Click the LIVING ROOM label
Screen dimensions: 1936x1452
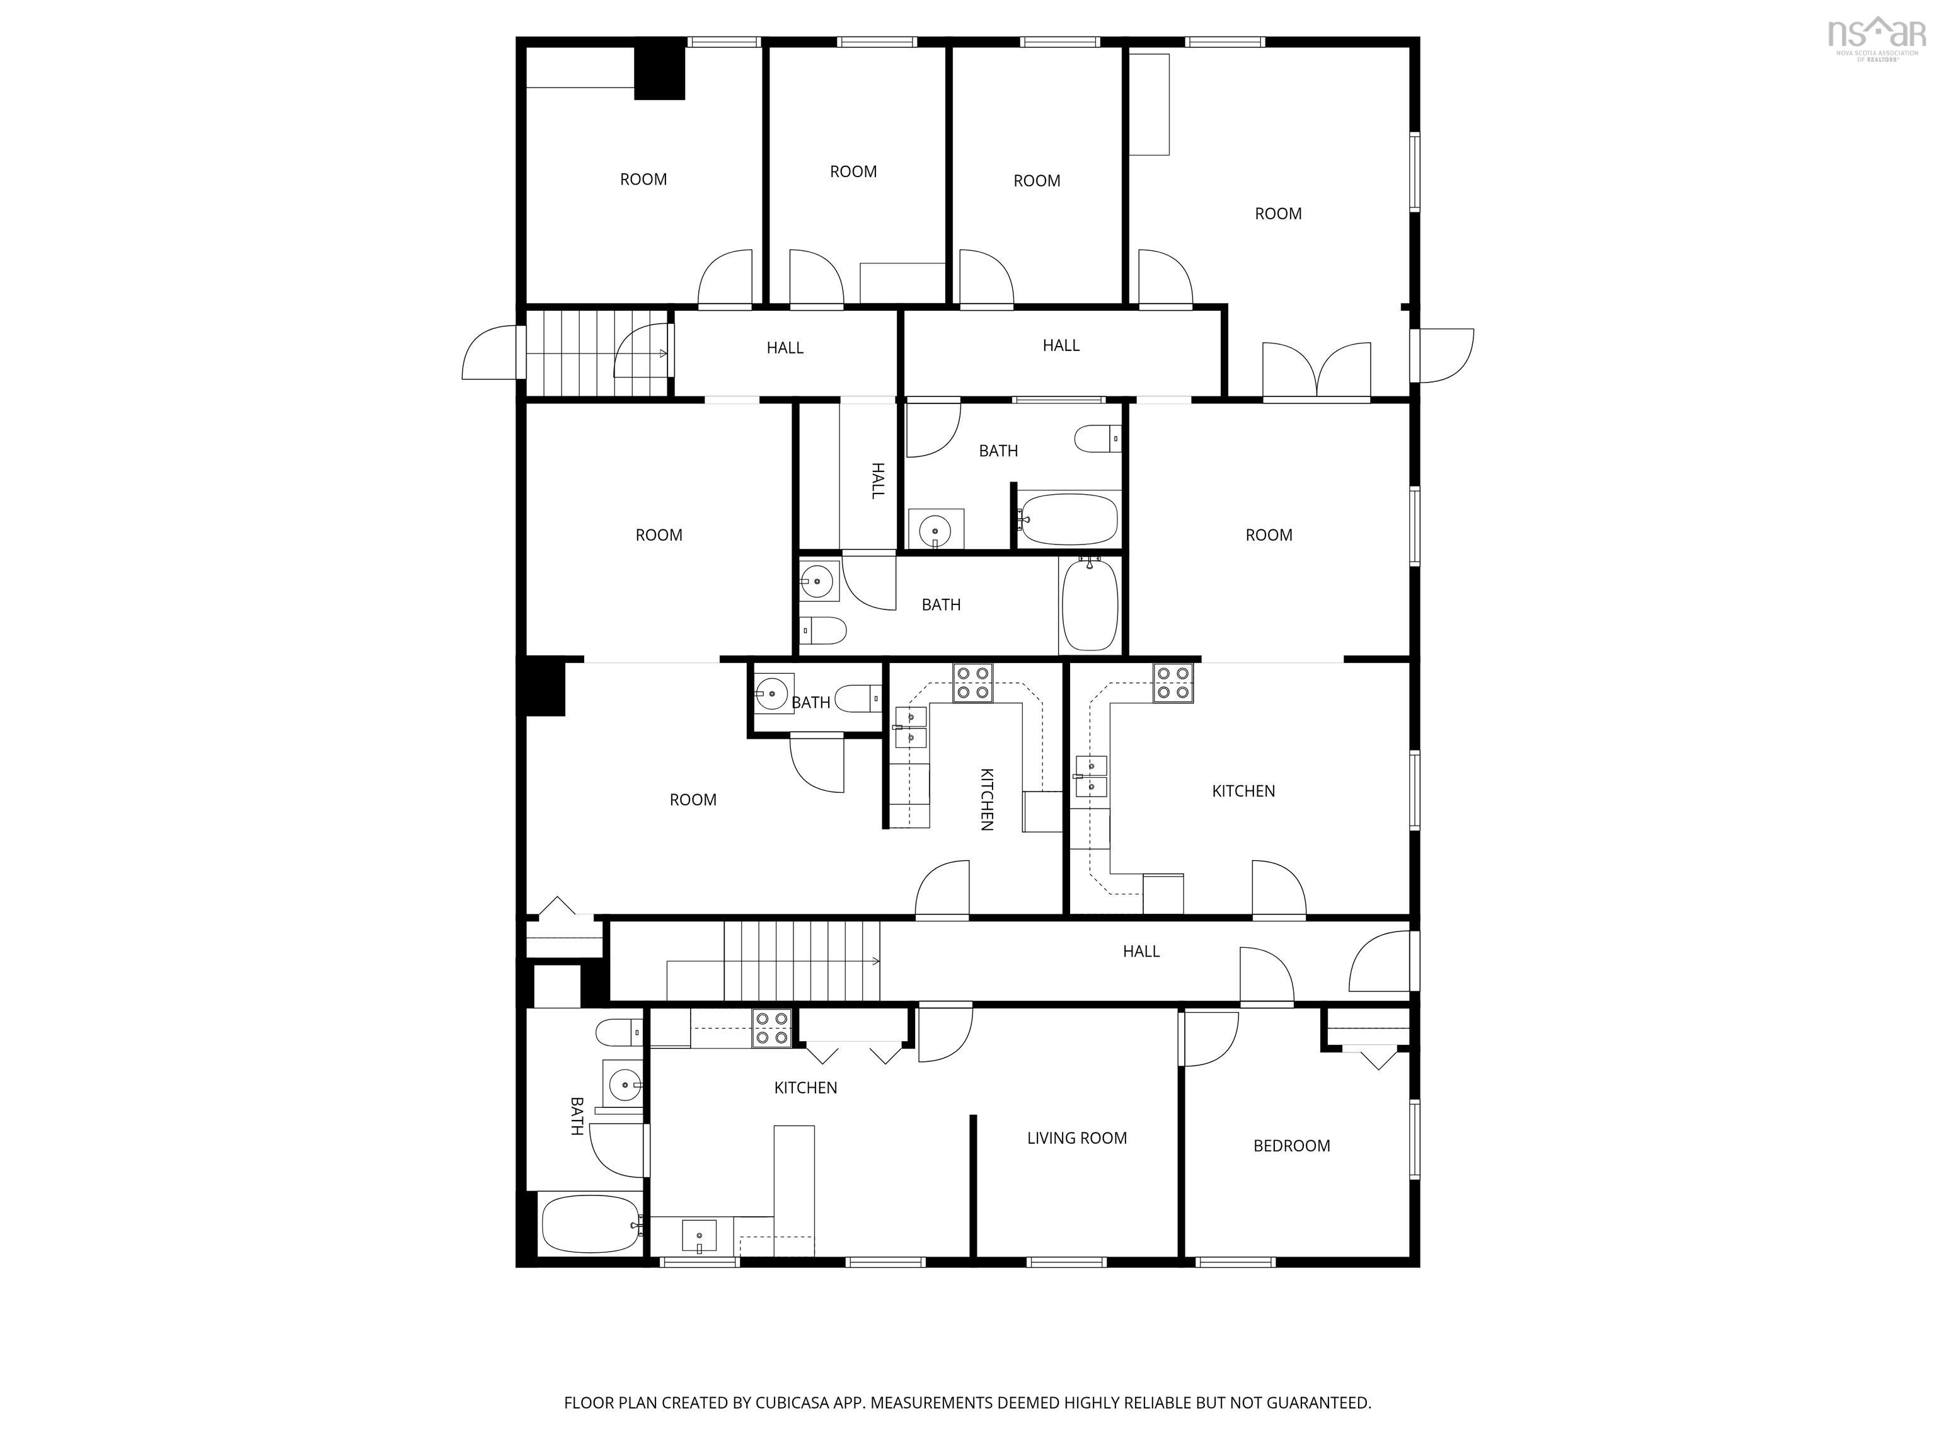coord(1076,1138)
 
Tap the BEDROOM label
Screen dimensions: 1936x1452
coord(1292,1146)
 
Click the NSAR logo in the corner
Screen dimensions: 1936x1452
coord(1877,39)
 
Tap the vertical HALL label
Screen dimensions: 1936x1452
coord(878,480)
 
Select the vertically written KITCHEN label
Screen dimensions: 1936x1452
coord(986,798)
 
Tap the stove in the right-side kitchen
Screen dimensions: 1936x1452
coord(1173,683)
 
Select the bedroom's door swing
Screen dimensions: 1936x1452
coord(1209,1039)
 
